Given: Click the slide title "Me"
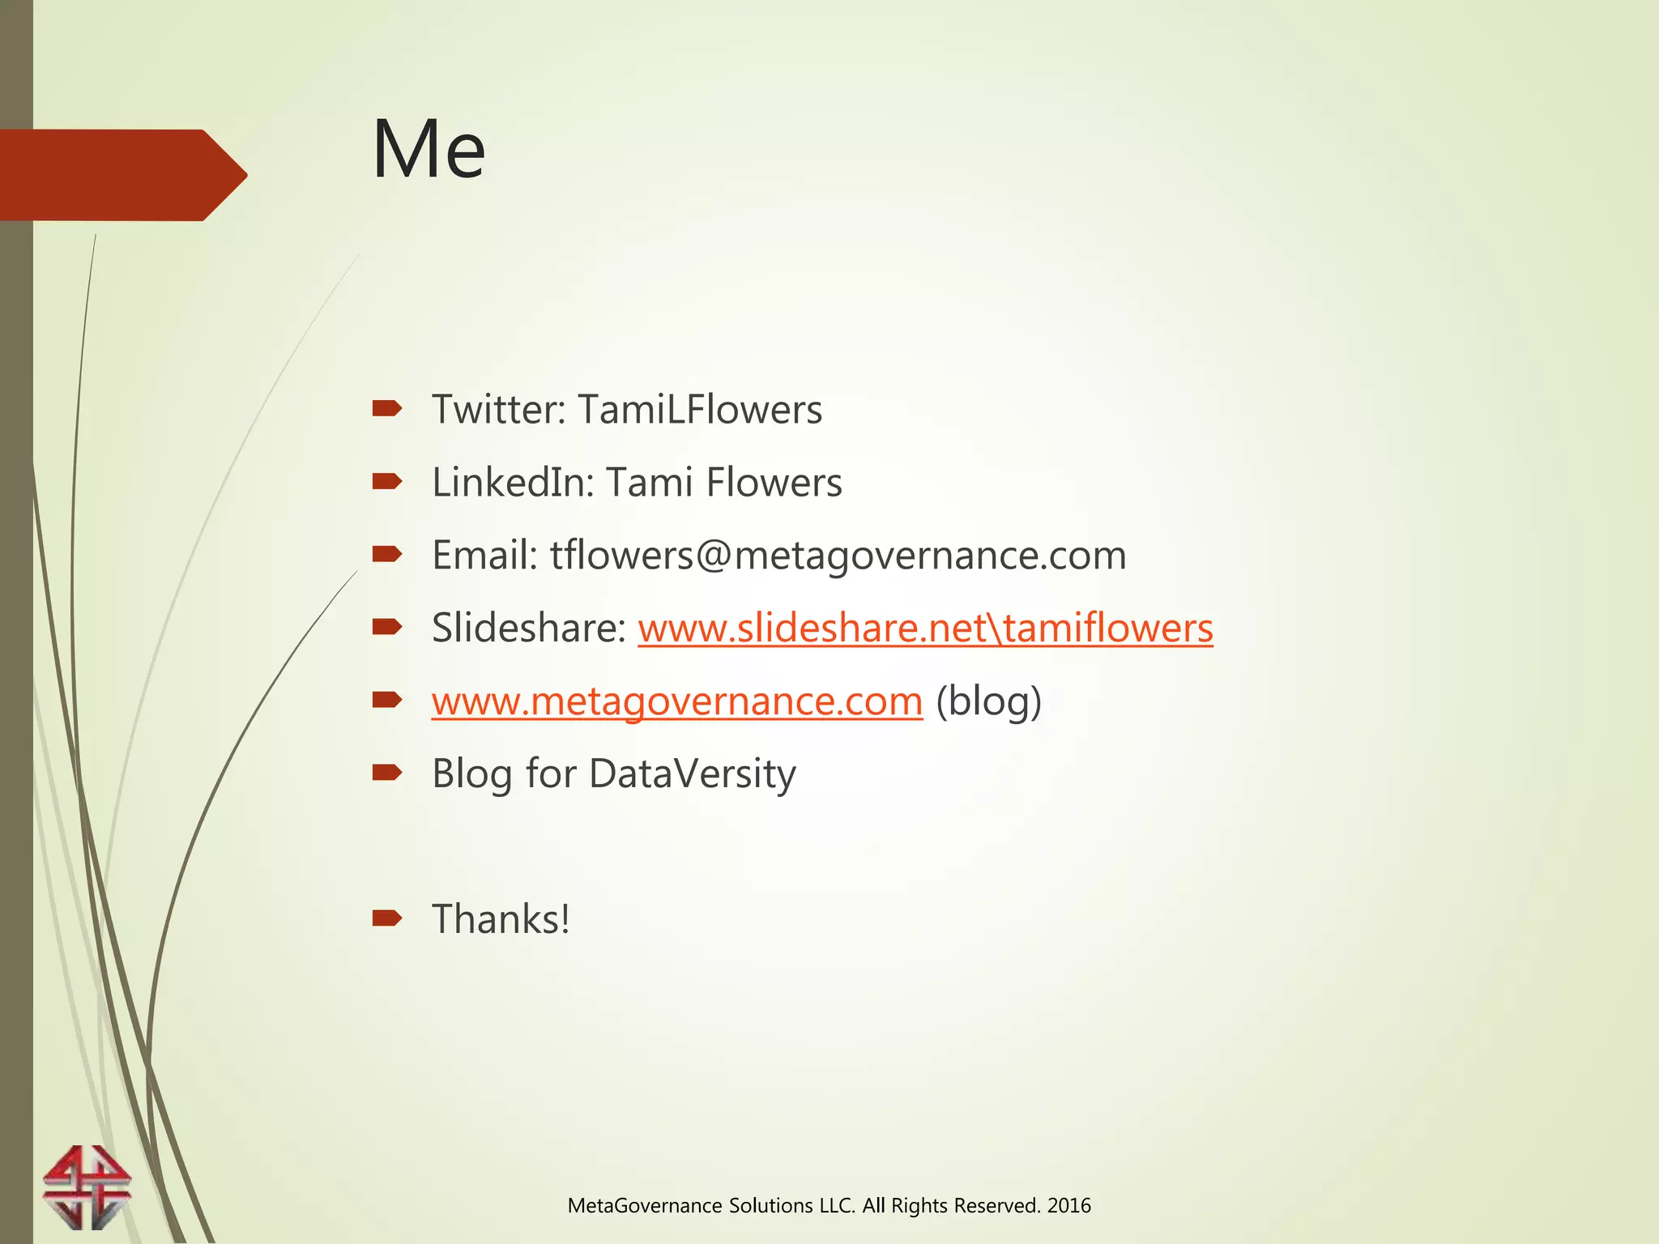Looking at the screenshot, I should pyautogui.click(x=429, y=150).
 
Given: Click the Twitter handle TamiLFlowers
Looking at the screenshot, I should pyautogui.click(x=700, y=410).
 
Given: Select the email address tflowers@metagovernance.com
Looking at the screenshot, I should pyautogui.click(x=838, y=556).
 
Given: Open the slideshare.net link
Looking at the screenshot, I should pyautogui.click(x=925, y=628).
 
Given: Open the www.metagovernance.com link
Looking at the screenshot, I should pyautogui.click(x=676, y=701).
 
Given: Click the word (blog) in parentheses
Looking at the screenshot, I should pyautogui.click(x=988, y=701).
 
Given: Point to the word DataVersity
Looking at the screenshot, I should pyautogui.click(x=693, y=774).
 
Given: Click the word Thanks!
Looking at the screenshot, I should pyautogui.click(x=501, y=920).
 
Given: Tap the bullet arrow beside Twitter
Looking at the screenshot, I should pyautogui.click(x=386, y=409).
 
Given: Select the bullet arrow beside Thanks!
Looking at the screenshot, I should pyautogui.click(x=386, y=918).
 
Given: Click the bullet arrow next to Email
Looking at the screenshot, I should pyautogui.click(x=386, y=554).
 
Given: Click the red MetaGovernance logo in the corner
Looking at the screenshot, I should pyautogui.click(x=87, y=1186).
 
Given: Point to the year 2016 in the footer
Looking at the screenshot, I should pyautogui.click(x=1068, y=1206).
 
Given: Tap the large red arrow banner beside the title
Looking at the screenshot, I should pyautogui.click(x=122, y=175).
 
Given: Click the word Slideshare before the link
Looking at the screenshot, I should pyautogui.click(x=528, y=628).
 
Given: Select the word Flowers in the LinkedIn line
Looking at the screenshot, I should pyautogui.click(x=774, y=483).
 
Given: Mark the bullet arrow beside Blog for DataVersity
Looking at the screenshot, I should pyautogui.click(x=386, y=773).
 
